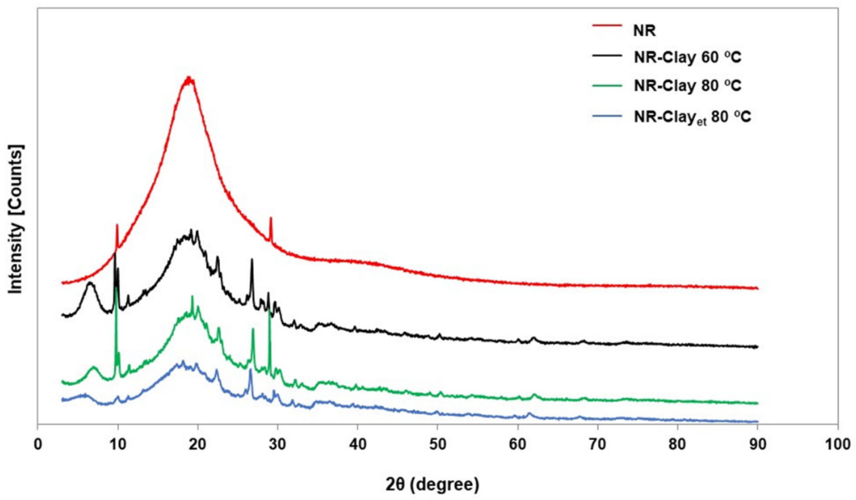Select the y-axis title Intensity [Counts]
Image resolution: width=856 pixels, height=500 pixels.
coord(16,220)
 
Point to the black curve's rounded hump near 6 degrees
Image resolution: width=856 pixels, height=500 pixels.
coord(90,283)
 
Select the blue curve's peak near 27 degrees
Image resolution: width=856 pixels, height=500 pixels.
coord(250,370)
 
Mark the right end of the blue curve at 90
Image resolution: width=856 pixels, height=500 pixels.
coord(757,422)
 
